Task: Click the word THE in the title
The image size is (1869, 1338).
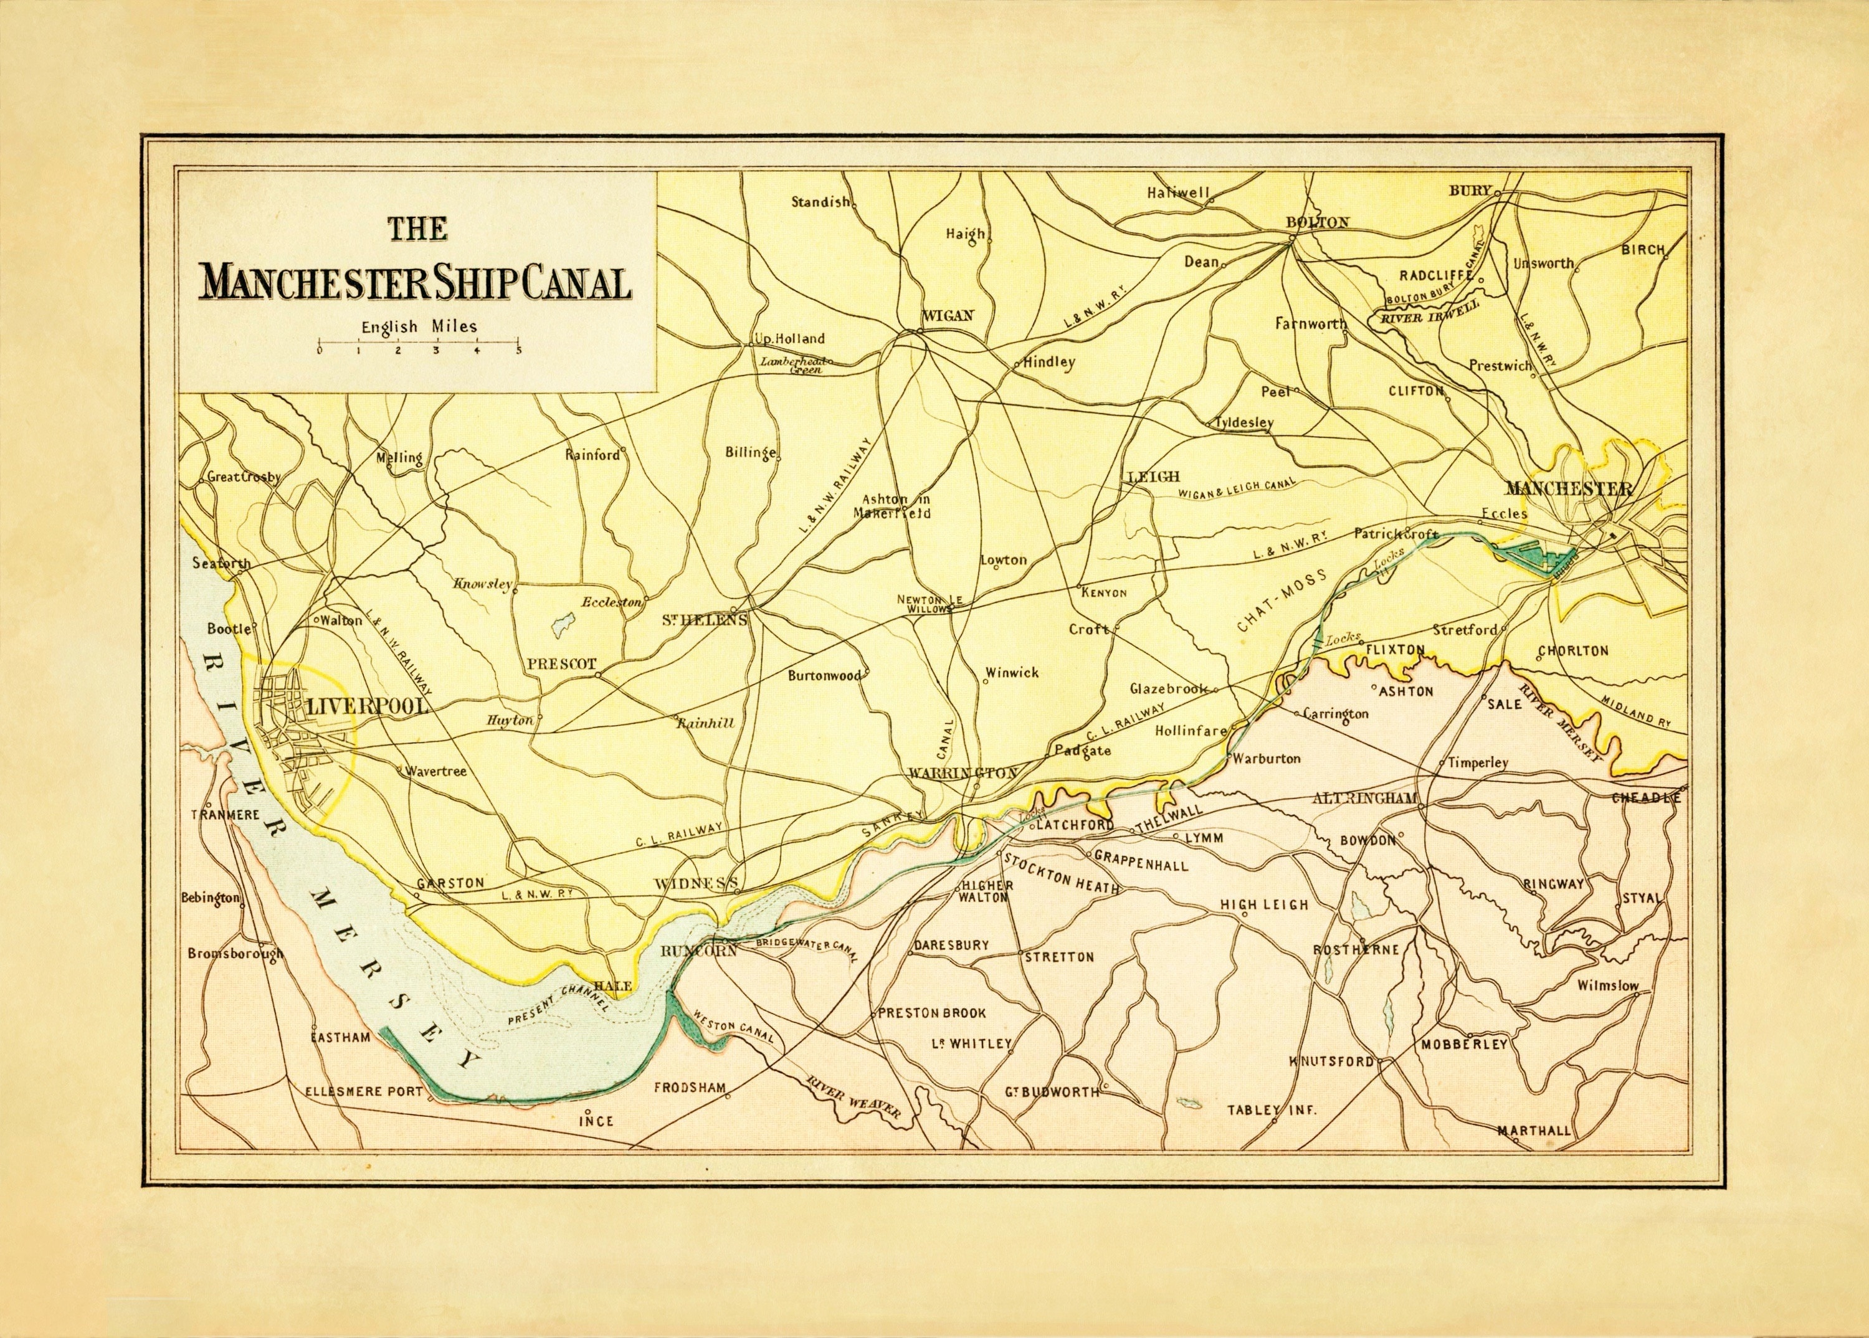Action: [x=418, y=227]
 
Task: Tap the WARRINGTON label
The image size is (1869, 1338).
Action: [x=964, y=773]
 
